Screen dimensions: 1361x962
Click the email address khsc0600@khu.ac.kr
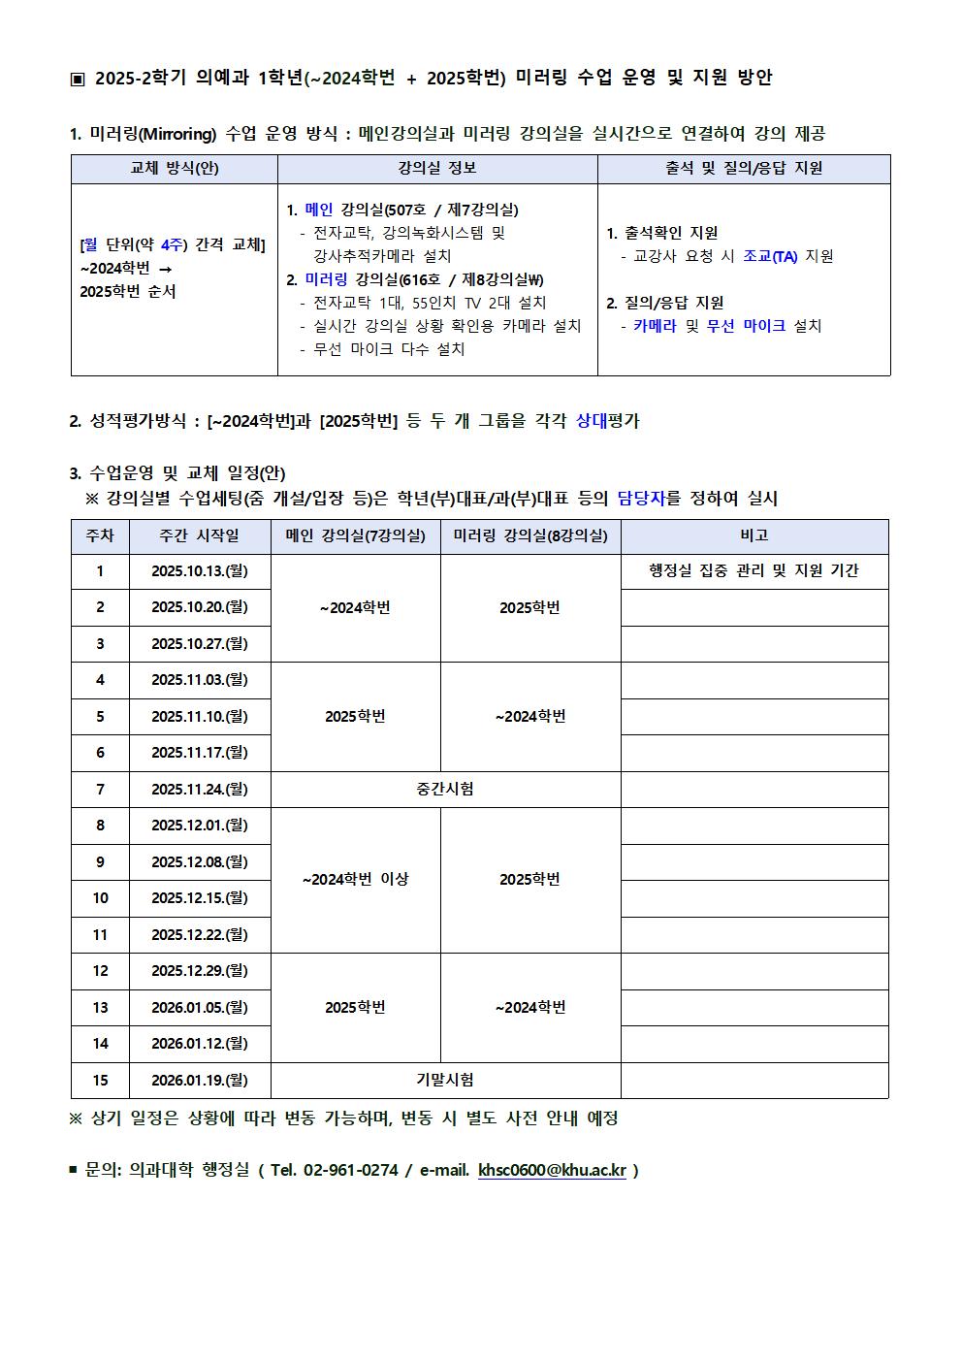552,1170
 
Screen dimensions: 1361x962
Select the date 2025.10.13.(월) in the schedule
200,571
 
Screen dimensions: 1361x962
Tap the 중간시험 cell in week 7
445,790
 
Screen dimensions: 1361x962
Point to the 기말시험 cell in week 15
445,1080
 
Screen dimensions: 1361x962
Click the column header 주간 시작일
200,535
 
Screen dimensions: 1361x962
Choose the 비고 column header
754,535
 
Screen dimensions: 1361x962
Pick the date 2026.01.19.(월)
200,1080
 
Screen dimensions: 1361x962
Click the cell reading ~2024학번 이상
355,880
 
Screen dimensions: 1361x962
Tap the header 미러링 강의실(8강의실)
530,535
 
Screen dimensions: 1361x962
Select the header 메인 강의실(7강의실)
355,535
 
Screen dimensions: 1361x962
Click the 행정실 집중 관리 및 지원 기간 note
754,571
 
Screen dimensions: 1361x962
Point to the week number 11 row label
100,935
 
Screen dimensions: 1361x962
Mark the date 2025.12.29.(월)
200,971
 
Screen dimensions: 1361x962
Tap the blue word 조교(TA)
770,256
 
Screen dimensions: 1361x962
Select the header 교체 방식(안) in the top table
175,169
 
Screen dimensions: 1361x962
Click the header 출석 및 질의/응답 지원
744,169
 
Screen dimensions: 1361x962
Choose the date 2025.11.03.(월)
200,680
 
